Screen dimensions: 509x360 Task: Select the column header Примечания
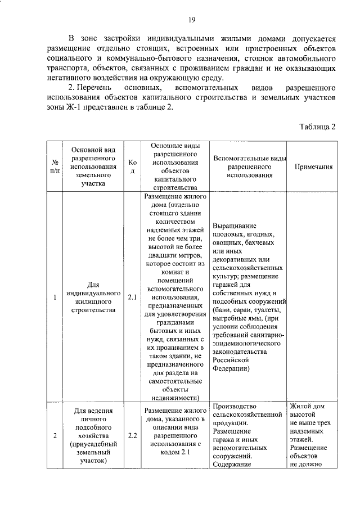coord(312,167)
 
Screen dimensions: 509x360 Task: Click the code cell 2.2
coord(132,435)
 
